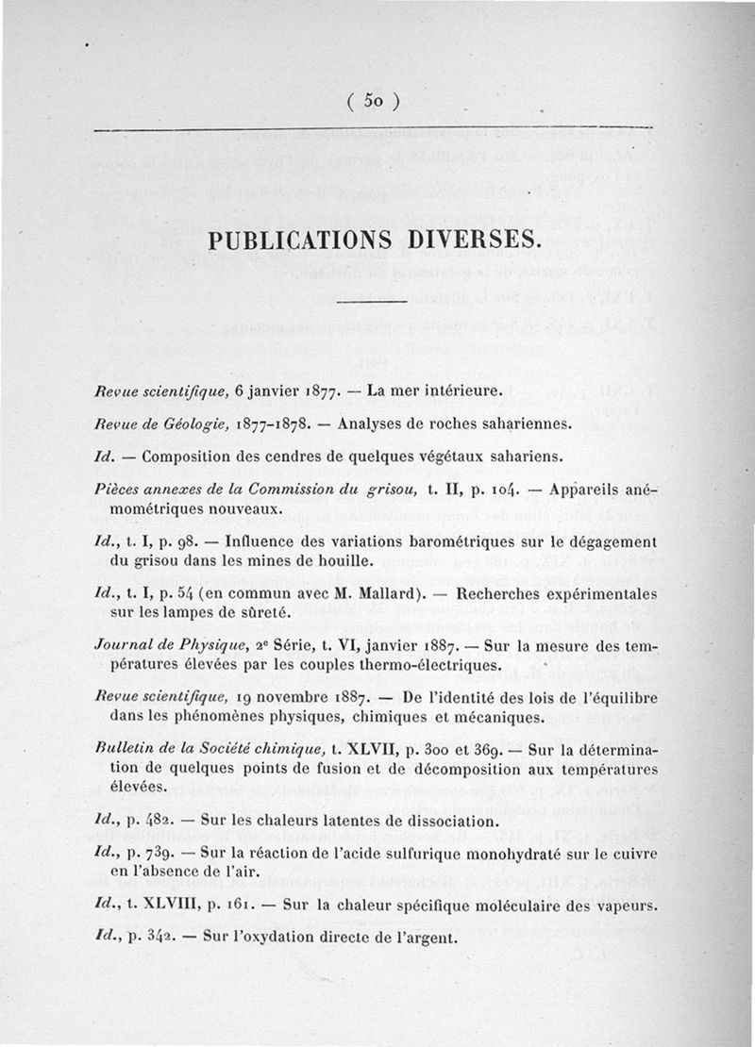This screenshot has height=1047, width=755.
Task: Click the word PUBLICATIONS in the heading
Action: coord(309,237)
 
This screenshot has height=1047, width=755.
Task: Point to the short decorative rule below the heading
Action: coord(371,302)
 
